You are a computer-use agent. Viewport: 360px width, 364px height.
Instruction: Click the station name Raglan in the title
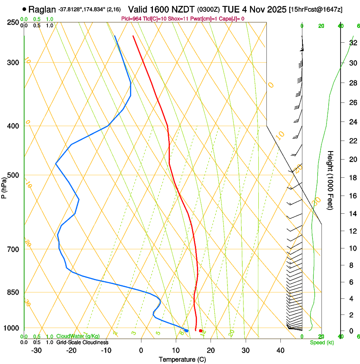42,9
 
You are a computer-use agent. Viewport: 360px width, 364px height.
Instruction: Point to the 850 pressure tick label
14,292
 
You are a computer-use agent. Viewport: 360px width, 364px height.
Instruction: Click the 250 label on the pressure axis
14,22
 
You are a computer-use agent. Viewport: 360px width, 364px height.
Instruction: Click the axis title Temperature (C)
182,359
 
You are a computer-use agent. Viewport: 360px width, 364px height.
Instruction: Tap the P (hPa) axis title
4,187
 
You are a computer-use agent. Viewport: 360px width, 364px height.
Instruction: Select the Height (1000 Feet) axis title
331,180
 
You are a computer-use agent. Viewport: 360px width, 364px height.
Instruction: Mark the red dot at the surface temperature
201,331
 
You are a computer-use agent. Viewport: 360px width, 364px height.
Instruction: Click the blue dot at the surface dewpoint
186,331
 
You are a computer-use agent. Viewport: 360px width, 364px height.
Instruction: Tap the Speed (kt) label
321,342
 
